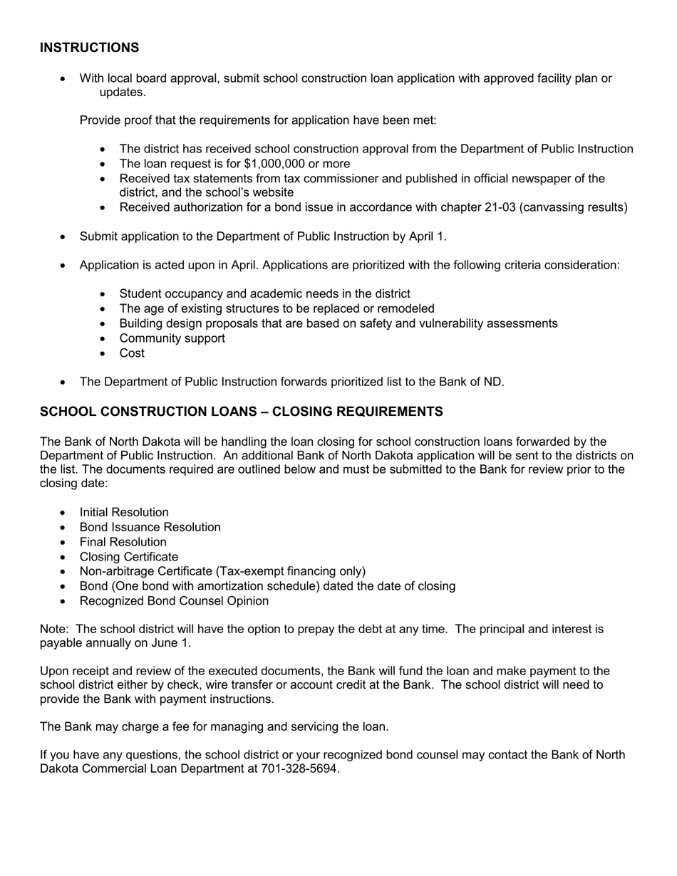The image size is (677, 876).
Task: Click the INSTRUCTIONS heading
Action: (89, 48)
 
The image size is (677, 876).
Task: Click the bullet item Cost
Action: (132, 353)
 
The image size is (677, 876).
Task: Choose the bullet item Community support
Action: (172, 338)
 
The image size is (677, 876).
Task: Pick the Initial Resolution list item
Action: (124, 513)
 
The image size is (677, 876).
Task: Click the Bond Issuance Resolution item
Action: (150, 527)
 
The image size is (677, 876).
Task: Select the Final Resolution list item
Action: (123, 542)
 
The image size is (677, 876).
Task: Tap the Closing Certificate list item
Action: (129, 557)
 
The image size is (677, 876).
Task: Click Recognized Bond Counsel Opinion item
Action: (174, 601)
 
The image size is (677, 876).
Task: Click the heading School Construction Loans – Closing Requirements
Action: (241, 412)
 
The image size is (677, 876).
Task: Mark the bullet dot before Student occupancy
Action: (103, 294)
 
